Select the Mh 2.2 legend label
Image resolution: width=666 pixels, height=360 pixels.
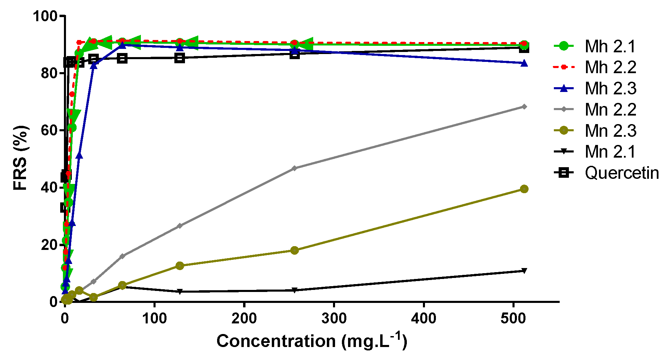coord(610,67)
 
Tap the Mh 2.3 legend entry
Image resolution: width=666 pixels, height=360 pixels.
coord(610,89)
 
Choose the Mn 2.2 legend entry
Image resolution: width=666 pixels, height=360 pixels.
coord(610,110)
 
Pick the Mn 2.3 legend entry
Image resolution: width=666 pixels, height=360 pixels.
coord(610,131)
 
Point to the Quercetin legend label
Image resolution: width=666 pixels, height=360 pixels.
coord(622,173)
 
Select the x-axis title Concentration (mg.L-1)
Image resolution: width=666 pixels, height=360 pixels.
coord(311,341)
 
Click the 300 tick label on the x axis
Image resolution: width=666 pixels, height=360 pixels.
coord(334,319)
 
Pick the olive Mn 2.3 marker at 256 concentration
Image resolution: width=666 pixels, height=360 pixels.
coord(294,250)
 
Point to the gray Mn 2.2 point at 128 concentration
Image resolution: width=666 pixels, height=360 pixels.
coord(180,226)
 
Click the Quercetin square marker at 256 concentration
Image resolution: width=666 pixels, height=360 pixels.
coord(295,54)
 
